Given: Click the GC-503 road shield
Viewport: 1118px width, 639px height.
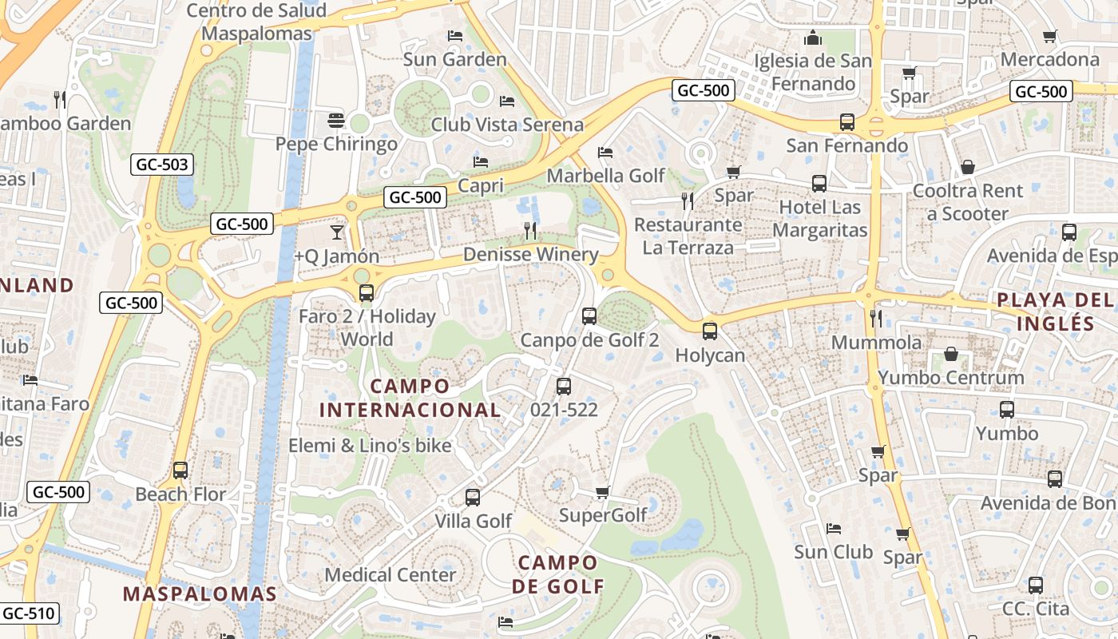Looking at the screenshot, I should pyautogui.click(x=162, y=165).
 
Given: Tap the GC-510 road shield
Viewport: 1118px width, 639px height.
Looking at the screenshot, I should pyautogui.click(x=30, y=613).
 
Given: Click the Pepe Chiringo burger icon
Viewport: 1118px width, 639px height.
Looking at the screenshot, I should pyautogui.click(x=336, y=121).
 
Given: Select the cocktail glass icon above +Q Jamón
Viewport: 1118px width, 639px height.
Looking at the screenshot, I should pyautogui.click(x=336, y=232).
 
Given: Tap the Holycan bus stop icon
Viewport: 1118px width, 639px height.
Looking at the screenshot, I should pyautogui.click(x=710, y=331).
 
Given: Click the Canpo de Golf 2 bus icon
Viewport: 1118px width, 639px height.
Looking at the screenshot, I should pyautogui.click(x=589, y=316).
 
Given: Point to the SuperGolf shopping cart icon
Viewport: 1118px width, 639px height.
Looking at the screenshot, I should pyautogui.click(x=603, y=492).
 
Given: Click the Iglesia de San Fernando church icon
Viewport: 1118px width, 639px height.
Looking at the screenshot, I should pyautogui.click(x=813, y=37).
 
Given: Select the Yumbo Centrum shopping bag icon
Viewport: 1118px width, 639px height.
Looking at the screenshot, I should pyautogui.click(x=950, y=353).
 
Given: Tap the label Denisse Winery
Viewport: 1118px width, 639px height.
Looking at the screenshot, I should pyautogui.click(x=531, y=255).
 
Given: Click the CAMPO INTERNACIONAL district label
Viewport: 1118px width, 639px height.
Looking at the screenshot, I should pyautogui.click(x=410, y=398).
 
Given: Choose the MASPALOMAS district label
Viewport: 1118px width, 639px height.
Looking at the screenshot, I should pyautogui.click(x=200, y=594).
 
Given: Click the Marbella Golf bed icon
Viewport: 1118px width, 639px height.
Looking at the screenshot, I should pyautogui.click(x=605, y=152).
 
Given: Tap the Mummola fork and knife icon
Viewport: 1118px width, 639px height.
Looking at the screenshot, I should pyautogui.click(x=876, y=318).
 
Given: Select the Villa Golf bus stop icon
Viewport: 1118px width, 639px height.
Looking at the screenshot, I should pyautogui.click(x=473, y=498).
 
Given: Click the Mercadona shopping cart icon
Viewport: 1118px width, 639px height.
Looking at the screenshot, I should pyautogui.click(x=1050, y=36).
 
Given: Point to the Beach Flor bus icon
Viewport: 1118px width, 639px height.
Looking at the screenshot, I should pyautogui.click(x=180, y=470).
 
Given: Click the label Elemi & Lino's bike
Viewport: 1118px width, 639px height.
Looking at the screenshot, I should pyautogui.click(x=370, y=446).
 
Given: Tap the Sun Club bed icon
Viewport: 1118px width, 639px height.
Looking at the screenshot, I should pyautogui.click(x=834, y=528).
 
